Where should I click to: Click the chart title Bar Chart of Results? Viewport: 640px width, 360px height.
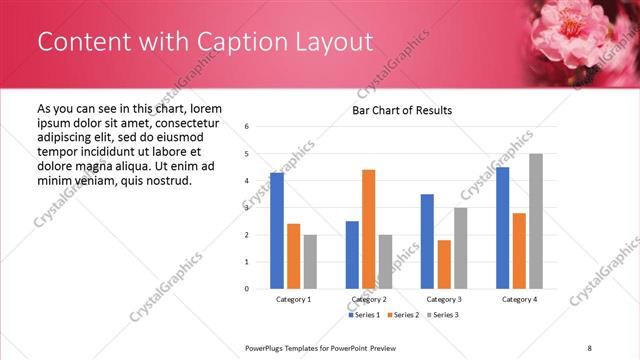click(402, 110)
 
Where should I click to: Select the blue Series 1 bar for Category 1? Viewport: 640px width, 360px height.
click(277, 230)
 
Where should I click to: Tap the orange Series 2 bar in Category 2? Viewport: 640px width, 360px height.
click(368, 229)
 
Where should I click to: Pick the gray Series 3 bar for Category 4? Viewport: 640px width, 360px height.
click(536, 221)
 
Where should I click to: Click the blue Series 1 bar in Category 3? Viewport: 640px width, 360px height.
click(427, 241)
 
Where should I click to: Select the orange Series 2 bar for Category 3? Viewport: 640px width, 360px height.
click(444, 264)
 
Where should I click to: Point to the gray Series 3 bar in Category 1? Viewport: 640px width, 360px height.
click(310, 262)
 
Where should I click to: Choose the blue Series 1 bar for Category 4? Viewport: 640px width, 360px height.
click(502, 228)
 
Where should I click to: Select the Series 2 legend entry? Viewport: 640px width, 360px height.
click(402, 316)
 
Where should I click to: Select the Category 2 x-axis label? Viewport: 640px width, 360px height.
click(369, 299)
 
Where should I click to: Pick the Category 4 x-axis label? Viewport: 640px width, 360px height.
click(519, 299)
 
